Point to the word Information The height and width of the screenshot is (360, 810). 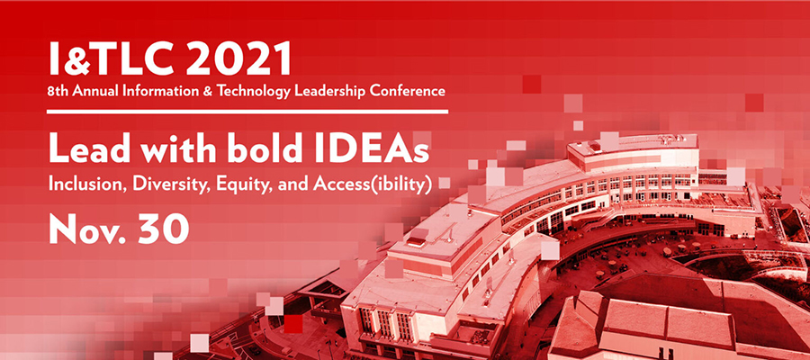(172, 92)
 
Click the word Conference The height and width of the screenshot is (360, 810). (413, 92)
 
